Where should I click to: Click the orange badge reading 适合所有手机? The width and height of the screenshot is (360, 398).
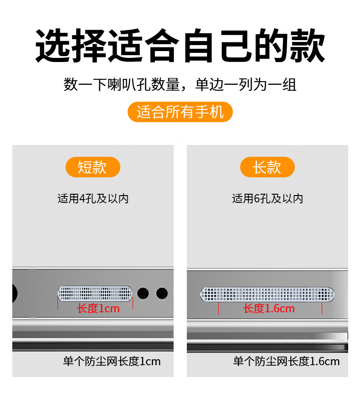(x=180, y=112)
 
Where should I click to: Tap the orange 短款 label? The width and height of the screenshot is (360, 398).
(x=93, y=167)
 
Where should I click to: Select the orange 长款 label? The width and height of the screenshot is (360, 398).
(x=267, y=167)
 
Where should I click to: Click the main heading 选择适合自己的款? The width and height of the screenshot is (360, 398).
(x=180, y=46)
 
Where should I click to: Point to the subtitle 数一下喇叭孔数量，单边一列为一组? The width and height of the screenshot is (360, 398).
(x=180, y=84)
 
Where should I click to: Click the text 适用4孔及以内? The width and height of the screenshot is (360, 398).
(x=93, y=198)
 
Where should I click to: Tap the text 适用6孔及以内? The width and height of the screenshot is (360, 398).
(x=267, y=198)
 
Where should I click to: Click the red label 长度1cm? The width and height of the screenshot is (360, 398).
(x=98, y=309)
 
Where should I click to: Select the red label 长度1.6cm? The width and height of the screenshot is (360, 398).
(x=269, y=309)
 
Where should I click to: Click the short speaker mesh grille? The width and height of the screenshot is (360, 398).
(x=95, y=294)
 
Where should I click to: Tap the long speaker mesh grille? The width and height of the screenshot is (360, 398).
(x=267, y=295)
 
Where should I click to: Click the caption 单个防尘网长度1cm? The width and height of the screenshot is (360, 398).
(x=112, y=362)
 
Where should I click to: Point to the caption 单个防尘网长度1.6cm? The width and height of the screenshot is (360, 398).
(x=287, y=362)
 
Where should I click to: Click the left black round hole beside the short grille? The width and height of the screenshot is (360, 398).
(x=143, y=294)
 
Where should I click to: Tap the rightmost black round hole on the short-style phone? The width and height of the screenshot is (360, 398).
(x=162, y=294)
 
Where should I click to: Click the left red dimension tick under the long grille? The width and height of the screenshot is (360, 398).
(x=218, y=308)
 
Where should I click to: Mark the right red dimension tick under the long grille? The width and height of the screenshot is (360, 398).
(x=322, y=308)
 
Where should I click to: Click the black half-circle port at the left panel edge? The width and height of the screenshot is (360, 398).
(x=15, y=294)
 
